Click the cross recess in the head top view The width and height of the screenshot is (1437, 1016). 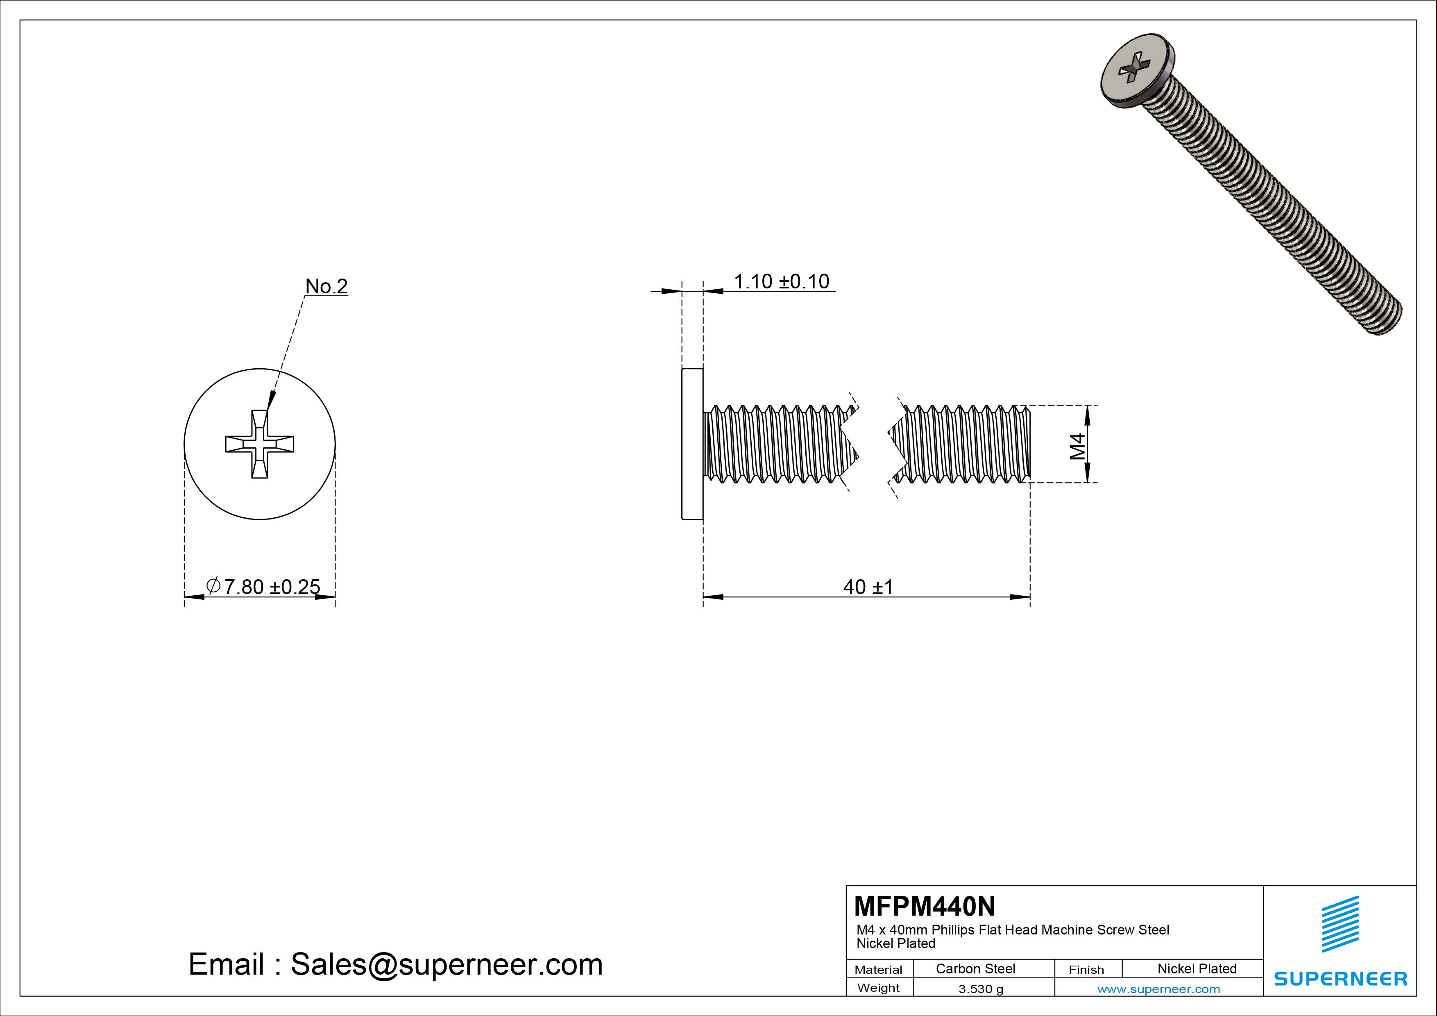[x=260, y=444]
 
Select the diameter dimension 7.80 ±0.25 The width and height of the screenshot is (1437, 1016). [x=271, y=587]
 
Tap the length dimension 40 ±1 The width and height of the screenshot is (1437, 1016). [x=868, y=587]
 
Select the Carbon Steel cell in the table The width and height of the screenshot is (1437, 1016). [x=975, y=968]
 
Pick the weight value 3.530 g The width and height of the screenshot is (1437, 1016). [x=981, y=989]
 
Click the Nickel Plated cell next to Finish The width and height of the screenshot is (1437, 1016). [x=1197, y=968]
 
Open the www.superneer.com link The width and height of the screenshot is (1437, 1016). [x=1158, y=989]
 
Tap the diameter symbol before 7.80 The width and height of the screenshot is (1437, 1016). [x=213, y=585]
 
